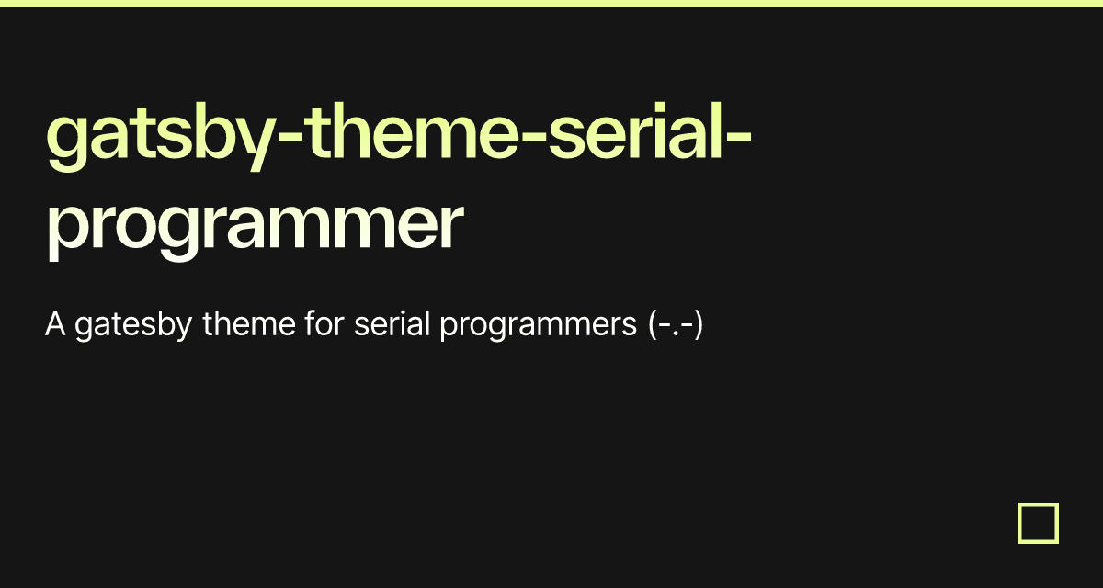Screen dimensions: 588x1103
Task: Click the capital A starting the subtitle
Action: (x=55, y=325)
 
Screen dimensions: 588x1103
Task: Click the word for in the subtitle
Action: (x=324, y=325)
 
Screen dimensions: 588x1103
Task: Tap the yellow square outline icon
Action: (x=1038, y=523)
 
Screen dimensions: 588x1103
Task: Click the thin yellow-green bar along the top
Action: (x=551, y=4)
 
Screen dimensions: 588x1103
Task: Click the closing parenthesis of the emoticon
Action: (x=698, y=326)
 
